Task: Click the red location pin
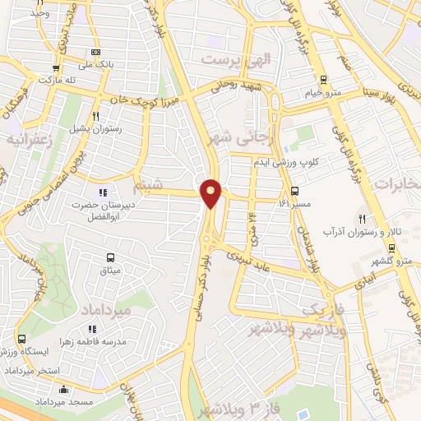(x=211, y=193)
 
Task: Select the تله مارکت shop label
(x=55, y=81)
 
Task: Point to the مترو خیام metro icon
(x=323, y=81)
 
